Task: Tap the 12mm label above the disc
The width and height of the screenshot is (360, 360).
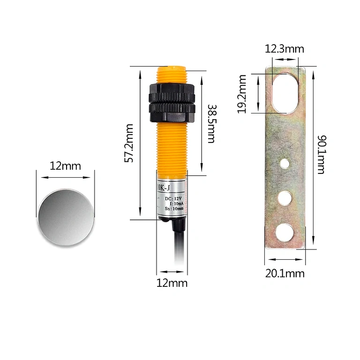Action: click(66, 166)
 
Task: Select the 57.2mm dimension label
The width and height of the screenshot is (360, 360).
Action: click(129, 143)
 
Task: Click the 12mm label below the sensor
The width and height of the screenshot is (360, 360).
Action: click(172, 283)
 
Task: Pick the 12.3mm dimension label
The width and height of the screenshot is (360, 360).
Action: click(285, 49)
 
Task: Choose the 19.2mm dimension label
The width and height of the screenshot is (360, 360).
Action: click(242, 94)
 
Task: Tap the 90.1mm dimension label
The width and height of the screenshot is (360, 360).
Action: click(321, 155)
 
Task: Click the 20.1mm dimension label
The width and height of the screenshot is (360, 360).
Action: click(285, 273)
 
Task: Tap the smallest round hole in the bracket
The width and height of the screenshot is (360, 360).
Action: click(285, 164)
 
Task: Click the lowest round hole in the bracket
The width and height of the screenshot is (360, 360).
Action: click(285, 231)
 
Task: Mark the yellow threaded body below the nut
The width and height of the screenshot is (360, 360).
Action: click(171, 145)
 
